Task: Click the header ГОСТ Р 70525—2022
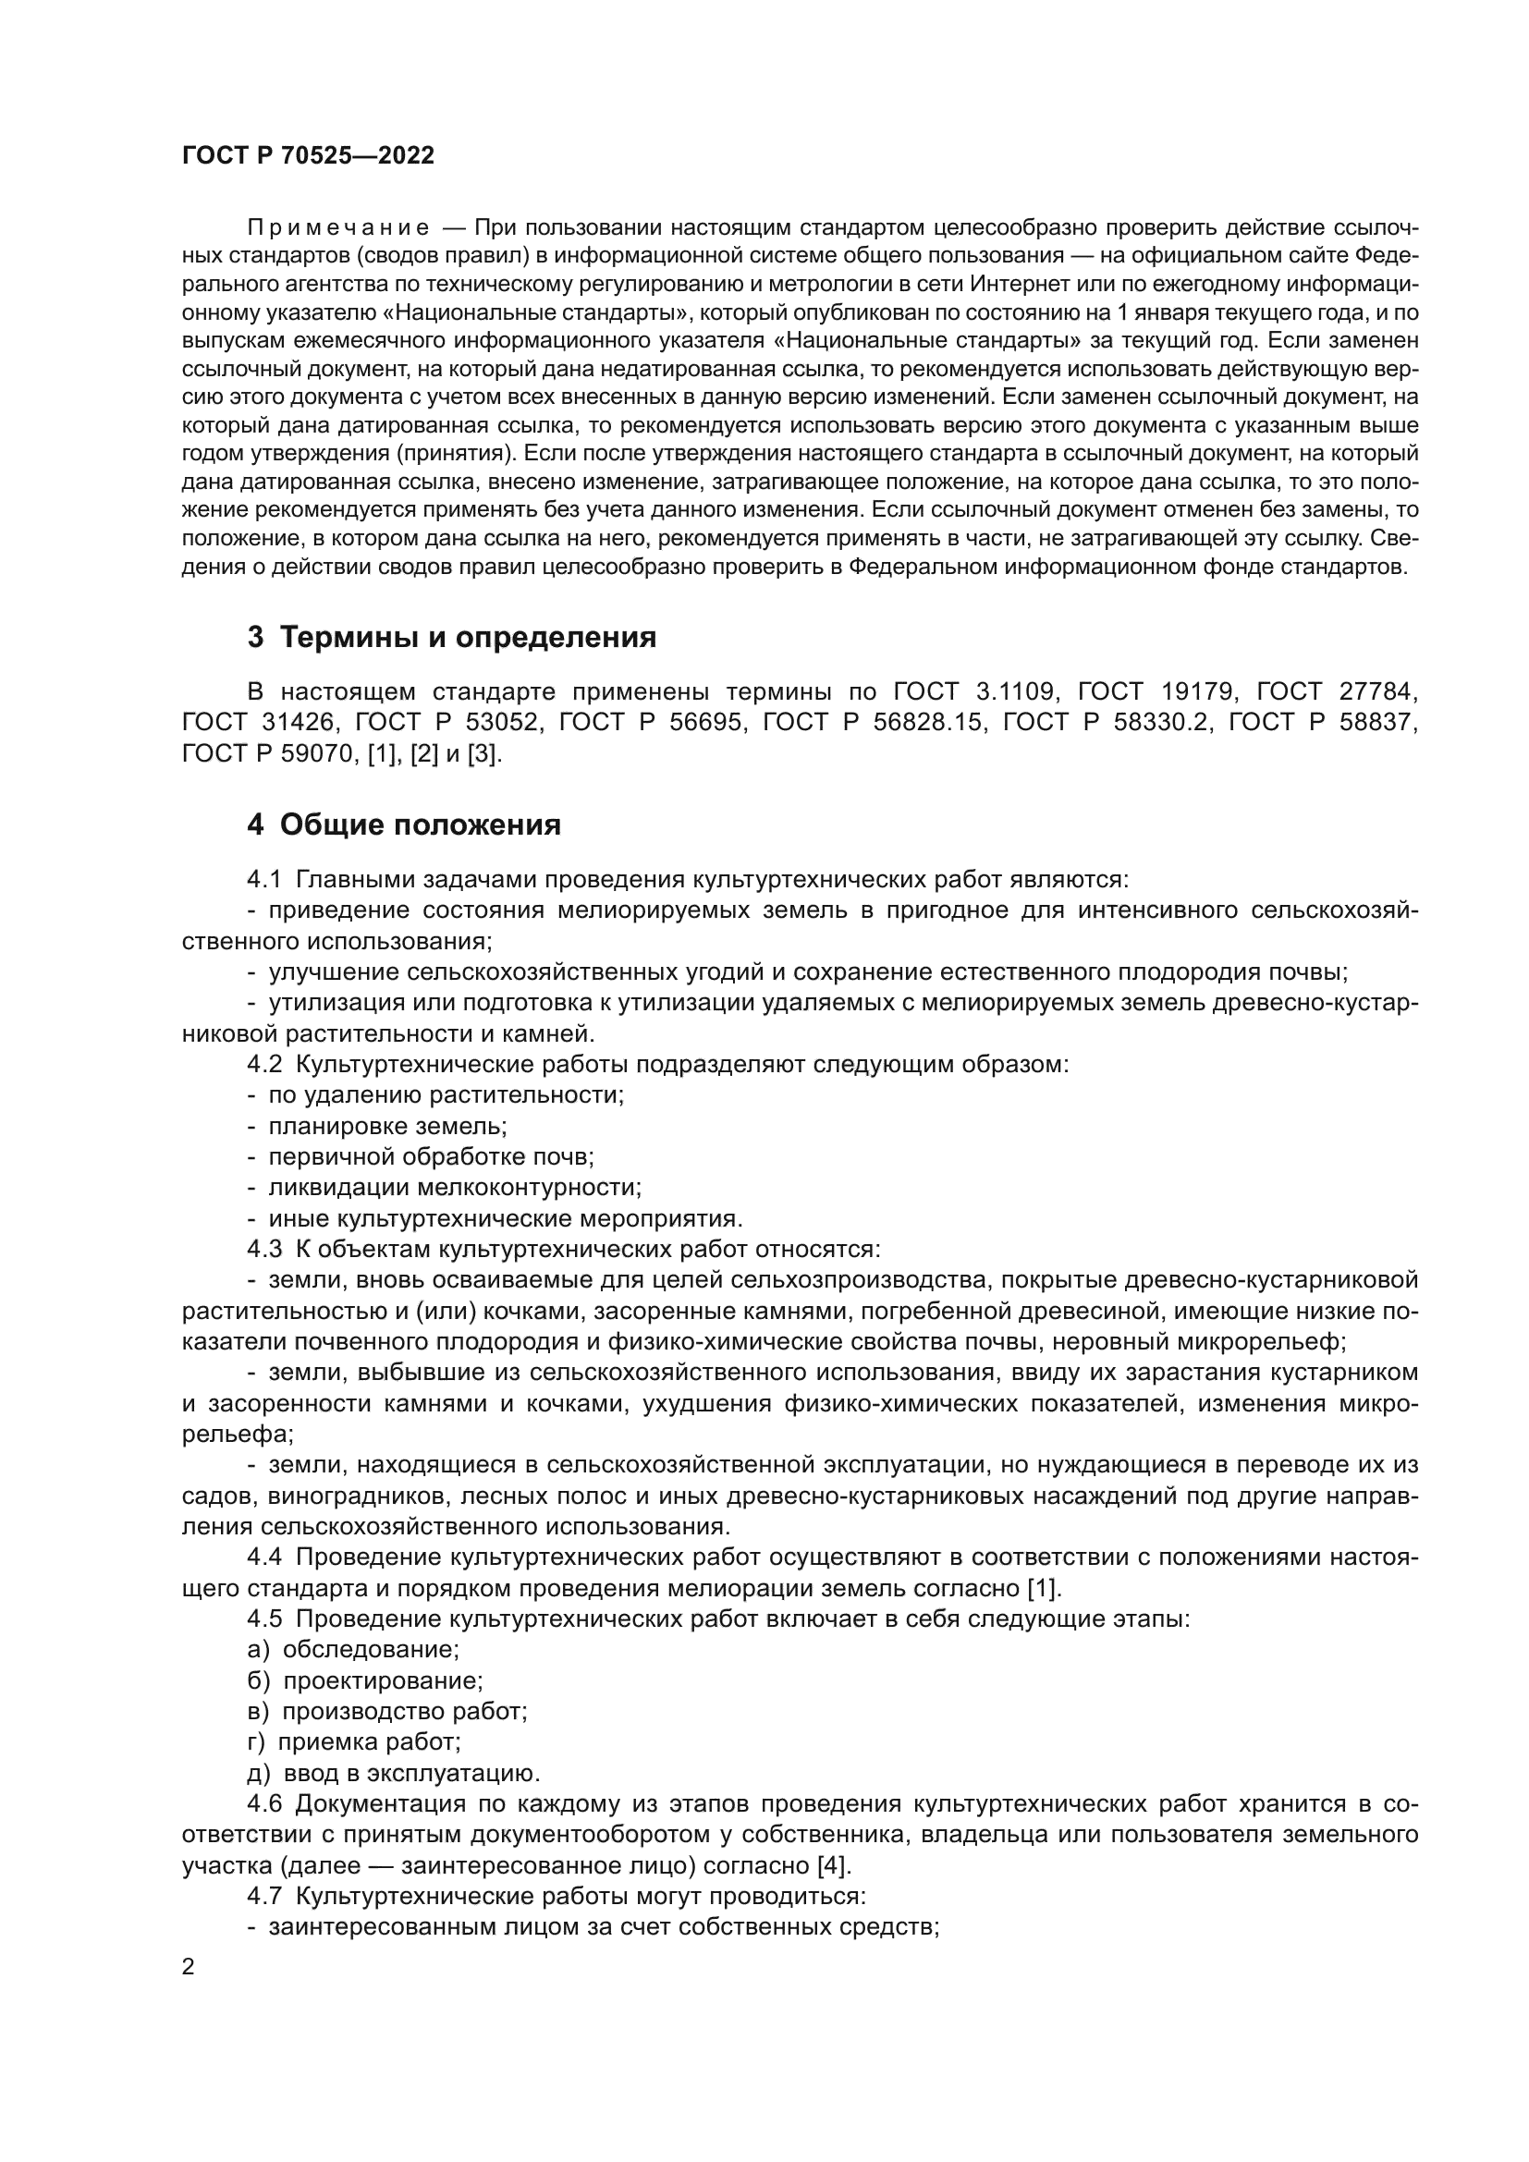click(308, 156)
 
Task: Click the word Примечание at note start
click(338, 228)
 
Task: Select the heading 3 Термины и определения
click(452, 638)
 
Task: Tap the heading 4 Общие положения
click(404, 824)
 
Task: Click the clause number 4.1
click(263, 879)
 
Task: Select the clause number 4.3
click(263, 1250)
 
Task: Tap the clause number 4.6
click(263, 1804)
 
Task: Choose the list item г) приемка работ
click(354, 1742)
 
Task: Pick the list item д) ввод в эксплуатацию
click(394, 1773)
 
